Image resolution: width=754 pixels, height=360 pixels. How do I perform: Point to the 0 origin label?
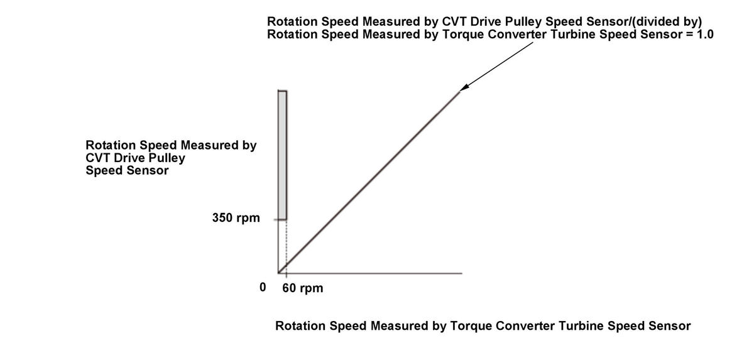coord(263,288)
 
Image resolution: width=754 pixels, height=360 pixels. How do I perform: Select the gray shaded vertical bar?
coord(283,155)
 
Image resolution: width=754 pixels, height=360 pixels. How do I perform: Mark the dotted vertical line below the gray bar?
coord(287,246)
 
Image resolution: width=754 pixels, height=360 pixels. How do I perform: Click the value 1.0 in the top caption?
coord(704,35)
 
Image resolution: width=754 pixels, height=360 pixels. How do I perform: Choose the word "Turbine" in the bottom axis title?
coord(575,326)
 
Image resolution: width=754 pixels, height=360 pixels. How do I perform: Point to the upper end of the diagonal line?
coord(459,93)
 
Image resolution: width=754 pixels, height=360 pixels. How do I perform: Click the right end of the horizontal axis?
coord(461,273)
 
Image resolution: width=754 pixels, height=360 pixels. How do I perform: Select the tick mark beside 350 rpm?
coord(275,219)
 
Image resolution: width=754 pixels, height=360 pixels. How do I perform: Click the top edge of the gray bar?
coord(283,92)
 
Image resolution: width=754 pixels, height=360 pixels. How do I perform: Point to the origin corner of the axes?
coord(278,273)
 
